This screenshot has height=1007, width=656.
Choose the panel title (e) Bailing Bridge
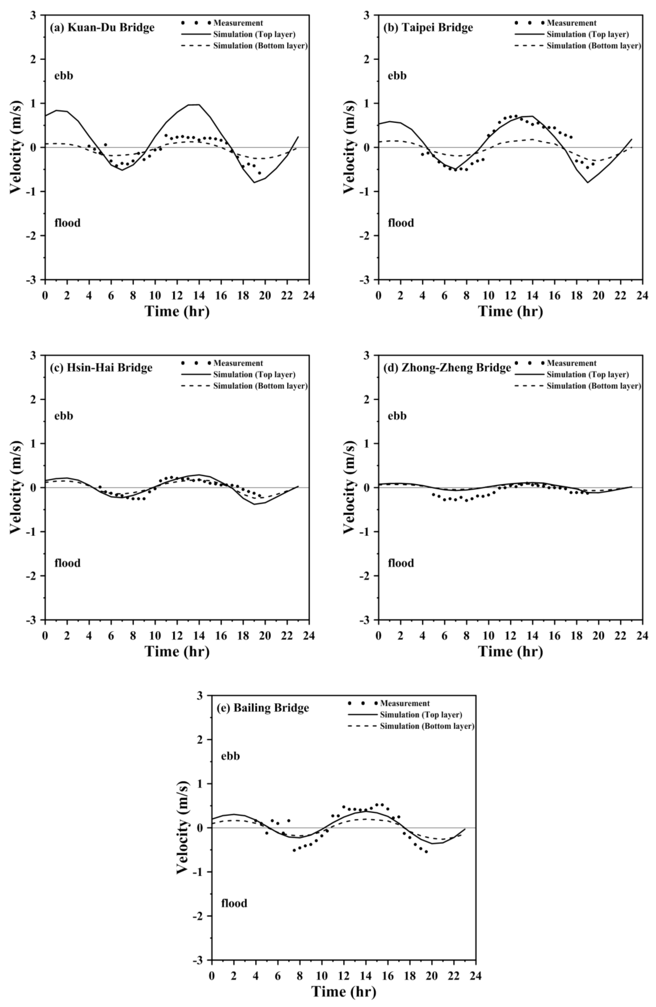pyautogui.click(x=263, y=708)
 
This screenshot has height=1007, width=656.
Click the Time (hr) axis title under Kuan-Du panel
pyautogui.click(x=177, y=311)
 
